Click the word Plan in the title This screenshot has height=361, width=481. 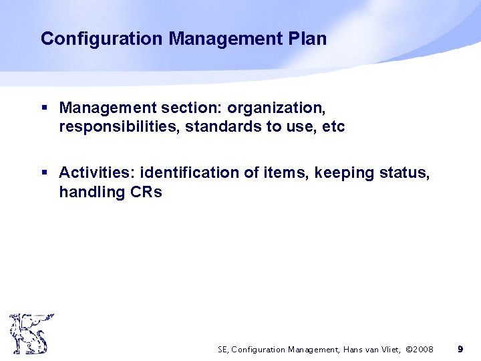pos(308,39)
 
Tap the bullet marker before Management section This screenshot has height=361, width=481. pos(45,108)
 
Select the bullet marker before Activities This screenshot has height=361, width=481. pos(45,173)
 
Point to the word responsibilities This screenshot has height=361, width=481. pos(118,126)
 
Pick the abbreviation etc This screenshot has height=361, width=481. pos(332,126)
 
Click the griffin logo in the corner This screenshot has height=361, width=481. pos(30,334)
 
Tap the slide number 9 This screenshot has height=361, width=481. pos(460,349)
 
